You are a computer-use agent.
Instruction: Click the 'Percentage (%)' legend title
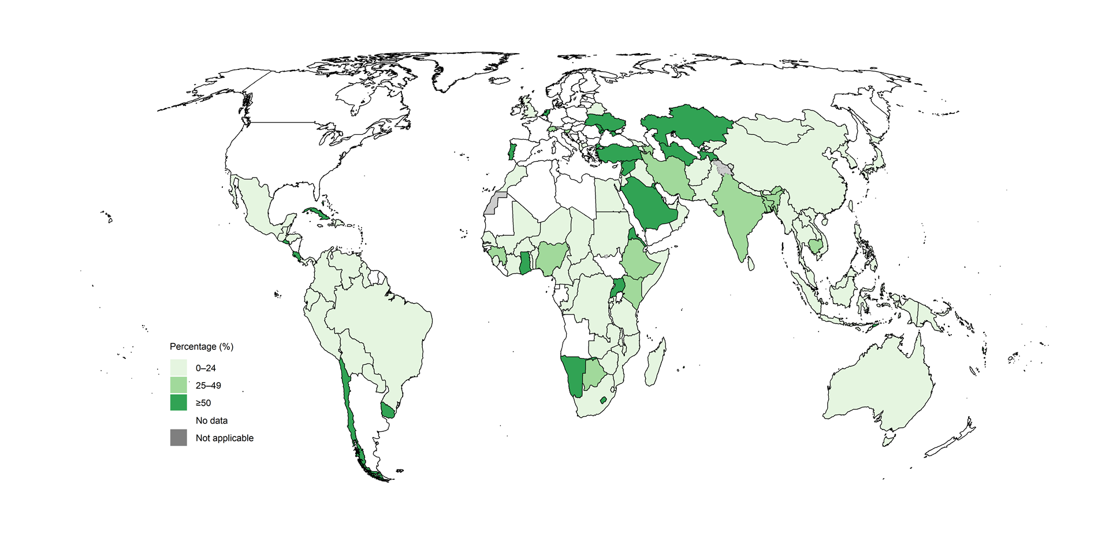202,346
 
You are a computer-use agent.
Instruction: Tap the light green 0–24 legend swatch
178,368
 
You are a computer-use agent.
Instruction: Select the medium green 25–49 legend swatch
178,385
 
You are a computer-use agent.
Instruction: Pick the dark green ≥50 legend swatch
178,402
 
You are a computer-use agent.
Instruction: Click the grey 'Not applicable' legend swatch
178,438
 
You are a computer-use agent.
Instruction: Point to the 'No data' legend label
211,420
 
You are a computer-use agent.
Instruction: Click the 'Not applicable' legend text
224,438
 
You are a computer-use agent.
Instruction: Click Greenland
462,72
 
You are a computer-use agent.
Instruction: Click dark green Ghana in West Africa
524,263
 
